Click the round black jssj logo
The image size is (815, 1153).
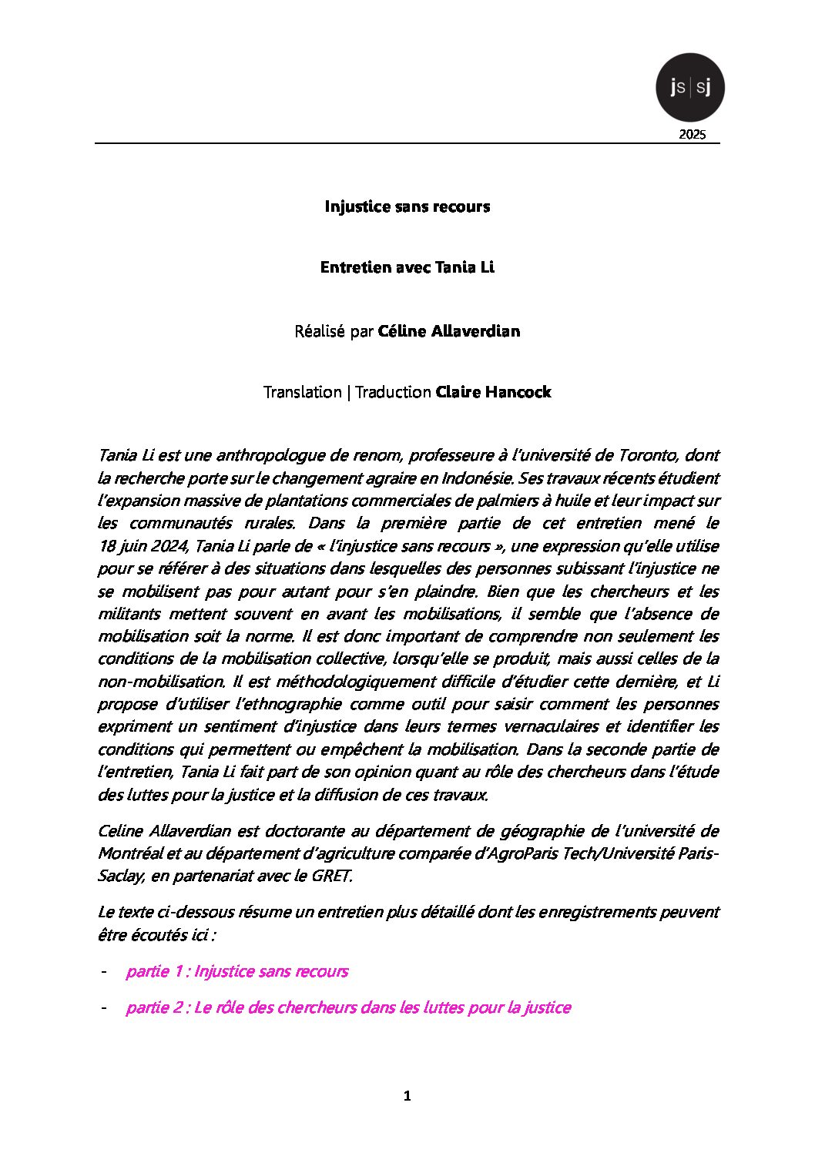coord(689,87)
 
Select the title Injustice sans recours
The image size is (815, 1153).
coord(407,206)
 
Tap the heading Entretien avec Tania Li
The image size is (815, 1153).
coord(407,268)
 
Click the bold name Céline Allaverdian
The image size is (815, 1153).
coord(449,331)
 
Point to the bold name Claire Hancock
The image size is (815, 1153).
coord(493,392)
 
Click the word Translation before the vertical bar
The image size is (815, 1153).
coord(302,392)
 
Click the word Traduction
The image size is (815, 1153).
coord(393,392)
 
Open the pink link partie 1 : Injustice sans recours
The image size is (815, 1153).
coord(236,971)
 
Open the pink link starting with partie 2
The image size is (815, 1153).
coord(348,1007)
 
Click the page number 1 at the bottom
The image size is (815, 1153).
coord(407,1096)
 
